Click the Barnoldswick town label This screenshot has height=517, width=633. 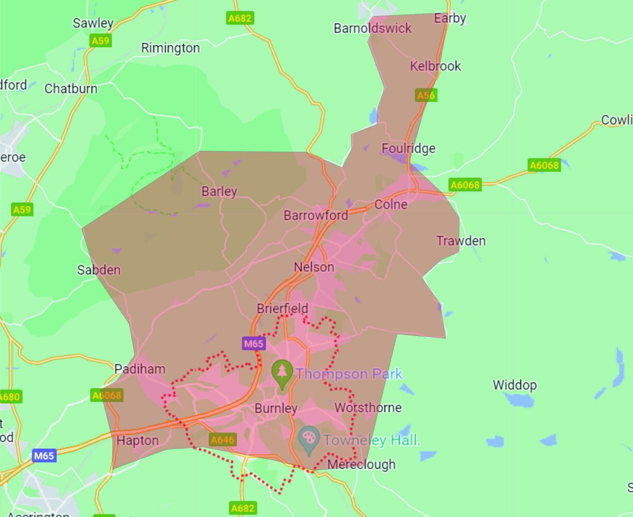pos(372,28)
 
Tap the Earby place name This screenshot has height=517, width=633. pos(450,19)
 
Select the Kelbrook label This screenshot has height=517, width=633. pos(435,66)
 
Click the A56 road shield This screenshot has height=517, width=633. pos(426,95)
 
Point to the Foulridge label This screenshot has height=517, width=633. pos(408,149)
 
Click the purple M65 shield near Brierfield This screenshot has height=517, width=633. pos(254,343)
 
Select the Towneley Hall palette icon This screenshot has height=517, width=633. pos(309,439)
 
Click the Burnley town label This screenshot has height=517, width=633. pos(276,408)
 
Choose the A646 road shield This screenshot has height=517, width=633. pos(223,440)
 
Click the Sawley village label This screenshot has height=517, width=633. pos(93,23)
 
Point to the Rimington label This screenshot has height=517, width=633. pos(170,48)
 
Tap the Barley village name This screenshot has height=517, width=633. pos(219,191)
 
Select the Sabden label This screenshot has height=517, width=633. pos(99,270)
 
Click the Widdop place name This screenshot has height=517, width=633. pos(514,385)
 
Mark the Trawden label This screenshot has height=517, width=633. pos(461,241)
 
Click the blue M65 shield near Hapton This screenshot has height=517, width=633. pos(44,455)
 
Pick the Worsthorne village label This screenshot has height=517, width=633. pos(368,408)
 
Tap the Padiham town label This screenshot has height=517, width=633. pos(139,369)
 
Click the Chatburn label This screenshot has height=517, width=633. pos(71,89)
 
